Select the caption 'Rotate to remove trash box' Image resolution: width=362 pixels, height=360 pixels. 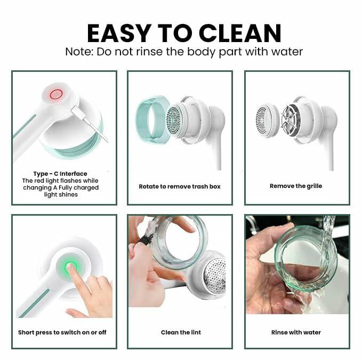180,186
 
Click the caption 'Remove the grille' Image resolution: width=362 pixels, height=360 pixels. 296,186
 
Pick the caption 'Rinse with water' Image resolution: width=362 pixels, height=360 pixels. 296,332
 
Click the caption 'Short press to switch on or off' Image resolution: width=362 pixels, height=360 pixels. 62,332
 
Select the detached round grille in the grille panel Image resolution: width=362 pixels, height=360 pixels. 267,120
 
